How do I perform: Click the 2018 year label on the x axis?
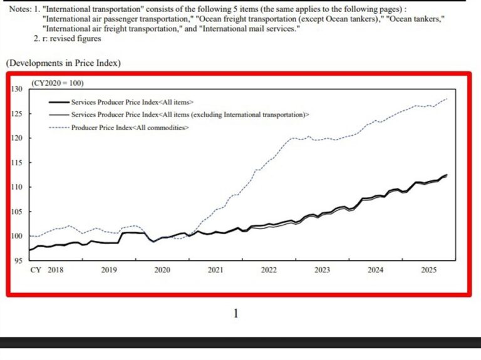55,270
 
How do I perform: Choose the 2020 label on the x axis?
162,270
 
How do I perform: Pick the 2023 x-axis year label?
322,270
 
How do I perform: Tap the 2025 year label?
429,270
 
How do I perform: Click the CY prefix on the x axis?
36,270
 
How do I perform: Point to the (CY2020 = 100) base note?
58,83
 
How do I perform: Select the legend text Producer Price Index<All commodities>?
130,128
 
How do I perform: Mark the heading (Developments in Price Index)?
63,63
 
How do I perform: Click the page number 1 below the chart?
235,313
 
